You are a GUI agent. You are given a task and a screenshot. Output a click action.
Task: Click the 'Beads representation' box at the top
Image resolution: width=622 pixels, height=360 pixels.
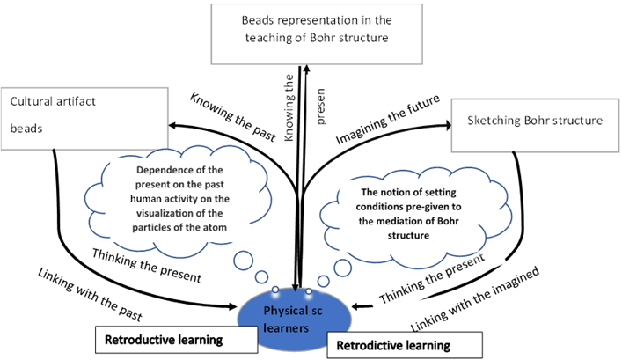[x=317, y=34]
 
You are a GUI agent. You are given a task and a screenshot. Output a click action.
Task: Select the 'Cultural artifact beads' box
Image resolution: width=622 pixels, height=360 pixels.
[x=84, y=119]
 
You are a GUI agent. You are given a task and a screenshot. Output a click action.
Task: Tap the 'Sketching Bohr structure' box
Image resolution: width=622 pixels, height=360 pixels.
[x=535, y=125]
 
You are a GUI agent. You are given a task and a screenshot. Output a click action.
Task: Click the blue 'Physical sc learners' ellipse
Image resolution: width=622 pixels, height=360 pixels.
[x=294, y=320]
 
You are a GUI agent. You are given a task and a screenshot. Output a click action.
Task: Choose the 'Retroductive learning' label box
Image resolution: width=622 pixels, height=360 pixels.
[x=176, y=340]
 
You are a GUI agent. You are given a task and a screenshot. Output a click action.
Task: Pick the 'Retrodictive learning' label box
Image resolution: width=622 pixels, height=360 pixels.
[x=405, y=345]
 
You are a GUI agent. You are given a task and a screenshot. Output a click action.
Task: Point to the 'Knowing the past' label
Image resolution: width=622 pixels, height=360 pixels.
[x=233, y=117]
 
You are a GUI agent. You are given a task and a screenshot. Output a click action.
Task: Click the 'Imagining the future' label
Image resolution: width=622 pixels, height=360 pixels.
[x=388, y=120]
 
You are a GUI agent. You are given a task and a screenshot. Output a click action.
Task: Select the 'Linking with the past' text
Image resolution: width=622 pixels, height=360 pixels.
[x=90, y=294]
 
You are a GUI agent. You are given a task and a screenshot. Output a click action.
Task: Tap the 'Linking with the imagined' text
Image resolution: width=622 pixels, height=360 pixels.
[x=475, y=299]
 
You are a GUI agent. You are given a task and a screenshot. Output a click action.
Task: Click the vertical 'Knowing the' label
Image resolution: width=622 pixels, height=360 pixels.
[x=289, y=107]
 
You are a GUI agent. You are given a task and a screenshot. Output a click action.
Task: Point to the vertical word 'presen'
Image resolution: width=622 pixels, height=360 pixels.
[x=319, y=107]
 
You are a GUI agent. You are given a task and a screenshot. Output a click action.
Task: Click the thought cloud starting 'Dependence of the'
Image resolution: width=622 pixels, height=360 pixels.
[x=179, y=201]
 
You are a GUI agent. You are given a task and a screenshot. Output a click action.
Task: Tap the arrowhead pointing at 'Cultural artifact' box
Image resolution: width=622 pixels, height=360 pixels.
[x=172, y=126]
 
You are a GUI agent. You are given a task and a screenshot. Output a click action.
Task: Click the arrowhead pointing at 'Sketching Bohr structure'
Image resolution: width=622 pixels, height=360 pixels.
[x=448, y=125]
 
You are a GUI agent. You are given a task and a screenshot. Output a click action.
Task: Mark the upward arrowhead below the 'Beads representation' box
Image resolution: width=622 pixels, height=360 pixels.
[x=306, y=70]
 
